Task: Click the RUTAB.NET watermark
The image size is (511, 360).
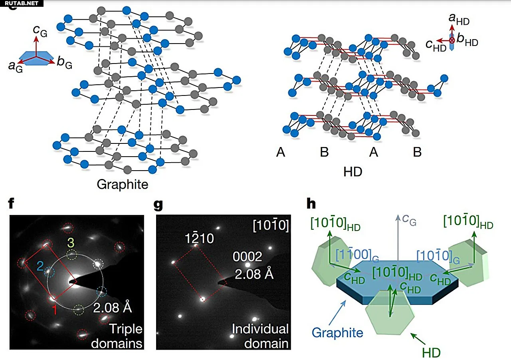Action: coord(22,3)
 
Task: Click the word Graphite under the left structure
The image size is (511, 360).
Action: coord(123,184)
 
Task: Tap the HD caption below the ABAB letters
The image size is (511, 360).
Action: coord(353,172)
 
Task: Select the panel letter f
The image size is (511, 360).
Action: coord(11,203)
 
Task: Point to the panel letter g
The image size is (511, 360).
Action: coord(158,205)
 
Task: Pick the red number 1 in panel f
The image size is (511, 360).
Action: coord(54,310)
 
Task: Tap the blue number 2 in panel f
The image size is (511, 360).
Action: coord(40,266)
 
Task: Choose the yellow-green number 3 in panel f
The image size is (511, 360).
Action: coord(71,243)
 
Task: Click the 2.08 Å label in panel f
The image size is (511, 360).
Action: coord(113,308)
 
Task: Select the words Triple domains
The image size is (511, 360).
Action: coord(117,336)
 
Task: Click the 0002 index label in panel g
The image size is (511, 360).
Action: coord(247,257)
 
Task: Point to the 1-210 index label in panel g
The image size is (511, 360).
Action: coord(199,238)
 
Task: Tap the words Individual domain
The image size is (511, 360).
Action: coord(260,336)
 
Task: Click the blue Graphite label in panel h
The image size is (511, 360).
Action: coord(337,332)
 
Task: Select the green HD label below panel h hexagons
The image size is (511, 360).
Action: coord(431,352)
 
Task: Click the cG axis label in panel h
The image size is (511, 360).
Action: coord(409,220)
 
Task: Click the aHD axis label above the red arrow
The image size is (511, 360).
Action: coord(459,19)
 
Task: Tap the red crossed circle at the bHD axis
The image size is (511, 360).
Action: coord(452,40)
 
